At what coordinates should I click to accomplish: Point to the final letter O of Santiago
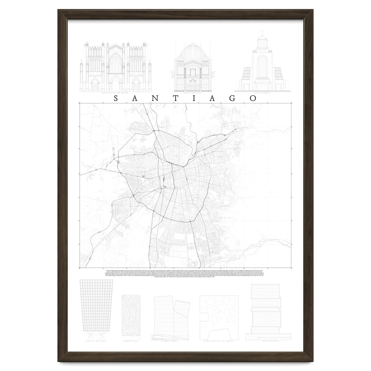254,98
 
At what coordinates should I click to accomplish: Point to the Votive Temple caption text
262,93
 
